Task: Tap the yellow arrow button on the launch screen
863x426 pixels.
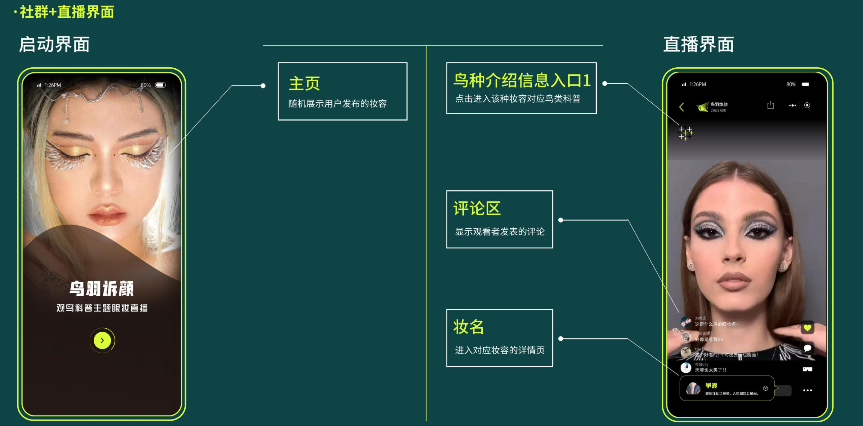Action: click(x=102, y=340)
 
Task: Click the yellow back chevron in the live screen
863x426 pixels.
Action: click(x=681, y=107)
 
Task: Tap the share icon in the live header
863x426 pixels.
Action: click(x=771, y=105)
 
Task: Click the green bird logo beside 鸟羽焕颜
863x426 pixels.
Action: click(x=702, y=107)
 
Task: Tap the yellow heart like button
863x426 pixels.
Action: click(x=807, y=327)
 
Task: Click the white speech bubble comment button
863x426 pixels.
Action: click(x=807, y=348)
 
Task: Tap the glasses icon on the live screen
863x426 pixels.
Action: click(x=807, y=369)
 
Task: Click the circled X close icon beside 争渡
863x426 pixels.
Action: click(x=766, y=388)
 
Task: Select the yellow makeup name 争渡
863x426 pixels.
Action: click(x=711, y=386)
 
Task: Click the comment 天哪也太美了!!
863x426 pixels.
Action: click(x=711, y=370)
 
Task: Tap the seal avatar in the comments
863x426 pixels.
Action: click(x=686, y=352)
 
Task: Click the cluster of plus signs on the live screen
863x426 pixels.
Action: click(x=685, y=133)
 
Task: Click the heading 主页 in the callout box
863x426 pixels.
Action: click(x=304, y=84)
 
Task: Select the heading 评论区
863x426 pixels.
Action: click(x=477, y=208)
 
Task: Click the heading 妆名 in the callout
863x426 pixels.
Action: click(x=468, y=327)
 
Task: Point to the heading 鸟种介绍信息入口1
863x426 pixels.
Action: click(x=522, y=80)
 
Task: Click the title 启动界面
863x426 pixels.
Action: click(x=54, y=44)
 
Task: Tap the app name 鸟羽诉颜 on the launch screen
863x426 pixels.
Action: click(x=102, y=289)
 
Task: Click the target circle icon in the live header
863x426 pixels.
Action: click(x=807, y=105)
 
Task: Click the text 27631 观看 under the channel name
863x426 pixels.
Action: click(x=718, y=110)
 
